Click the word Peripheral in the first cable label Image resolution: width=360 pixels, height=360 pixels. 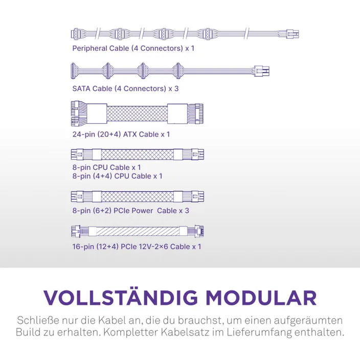[x=89, y=49]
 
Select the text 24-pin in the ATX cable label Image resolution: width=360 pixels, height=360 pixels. [x=83, y=134]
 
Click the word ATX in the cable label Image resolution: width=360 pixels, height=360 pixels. [x=130, y=134]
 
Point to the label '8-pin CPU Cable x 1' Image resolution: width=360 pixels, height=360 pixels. [x=106, y=167]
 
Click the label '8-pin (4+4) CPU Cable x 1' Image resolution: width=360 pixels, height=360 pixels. [x=117, y=176]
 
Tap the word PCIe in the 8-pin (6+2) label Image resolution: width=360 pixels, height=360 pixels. [x=122, y=211]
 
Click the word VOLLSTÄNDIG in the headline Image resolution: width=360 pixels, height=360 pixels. [x=121, y=298]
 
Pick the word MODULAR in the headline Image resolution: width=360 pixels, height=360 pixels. [x=261, y=298]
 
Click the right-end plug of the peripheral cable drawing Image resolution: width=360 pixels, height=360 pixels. [x=292, y=34]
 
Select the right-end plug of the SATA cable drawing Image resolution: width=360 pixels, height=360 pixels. [x=261, y=71]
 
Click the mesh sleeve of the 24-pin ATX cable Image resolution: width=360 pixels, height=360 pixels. [x=137, y=114]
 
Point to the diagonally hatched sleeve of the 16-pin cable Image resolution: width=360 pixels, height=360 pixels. [x=138, y=232]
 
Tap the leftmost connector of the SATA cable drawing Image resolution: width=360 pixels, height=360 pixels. [x=74, y=71]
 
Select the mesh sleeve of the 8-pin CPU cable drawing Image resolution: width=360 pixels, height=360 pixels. [x=137, y=154]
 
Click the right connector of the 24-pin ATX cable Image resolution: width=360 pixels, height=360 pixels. [x=195, y=114]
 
